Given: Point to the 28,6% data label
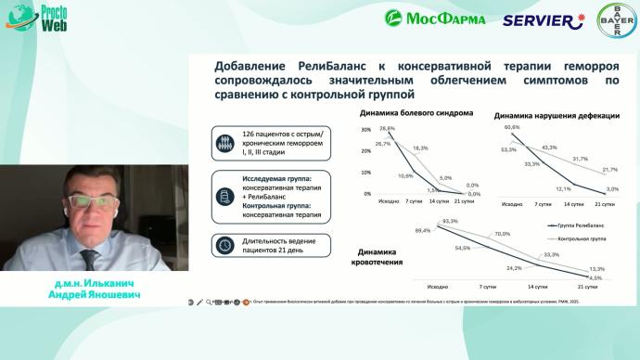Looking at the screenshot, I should pyautogui.click(x=386, y=129).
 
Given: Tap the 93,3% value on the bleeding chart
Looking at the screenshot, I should pyautogui.click(x=451, y=221).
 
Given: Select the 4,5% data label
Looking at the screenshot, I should pyautogui.click(x=595, y=277).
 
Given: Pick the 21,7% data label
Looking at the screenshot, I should pyautogui.click(x=610, y=170).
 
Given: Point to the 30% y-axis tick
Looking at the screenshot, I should pyautogui.click(x=365, y=130).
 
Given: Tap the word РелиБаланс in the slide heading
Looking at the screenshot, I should pyautogui.click(x=326, y=66).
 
